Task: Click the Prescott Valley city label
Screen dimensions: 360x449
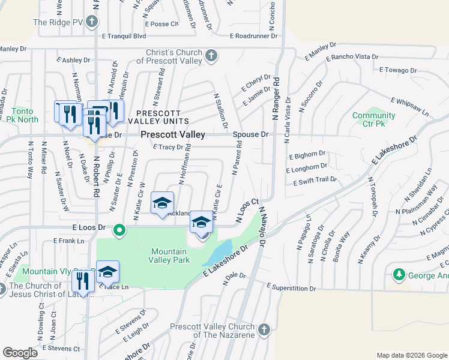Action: [x=173, y=135]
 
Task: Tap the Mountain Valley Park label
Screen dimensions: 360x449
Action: [x=170, y=256]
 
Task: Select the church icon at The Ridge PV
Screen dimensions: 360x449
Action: [x=91, y=23]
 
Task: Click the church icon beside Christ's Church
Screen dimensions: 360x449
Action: [x=211, y=56]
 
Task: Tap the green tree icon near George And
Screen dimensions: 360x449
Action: [x=397, y=275]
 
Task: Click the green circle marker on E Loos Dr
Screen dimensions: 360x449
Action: [x=119, y=229]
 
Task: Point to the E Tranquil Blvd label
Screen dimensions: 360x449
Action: [x=124, y=36]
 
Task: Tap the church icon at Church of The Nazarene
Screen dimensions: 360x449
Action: [x=264, y=331]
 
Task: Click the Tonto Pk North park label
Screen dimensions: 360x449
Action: [x=24, y=115]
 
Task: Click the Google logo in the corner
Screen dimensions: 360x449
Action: [x=20, y=353]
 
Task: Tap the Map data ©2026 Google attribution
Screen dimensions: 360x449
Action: [x=411, y=355]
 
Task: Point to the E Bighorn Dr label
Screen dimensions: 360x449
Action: [x=307, y=155]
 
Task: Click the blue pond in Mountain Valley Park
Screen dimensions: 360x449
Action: [x=218, y=253]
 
